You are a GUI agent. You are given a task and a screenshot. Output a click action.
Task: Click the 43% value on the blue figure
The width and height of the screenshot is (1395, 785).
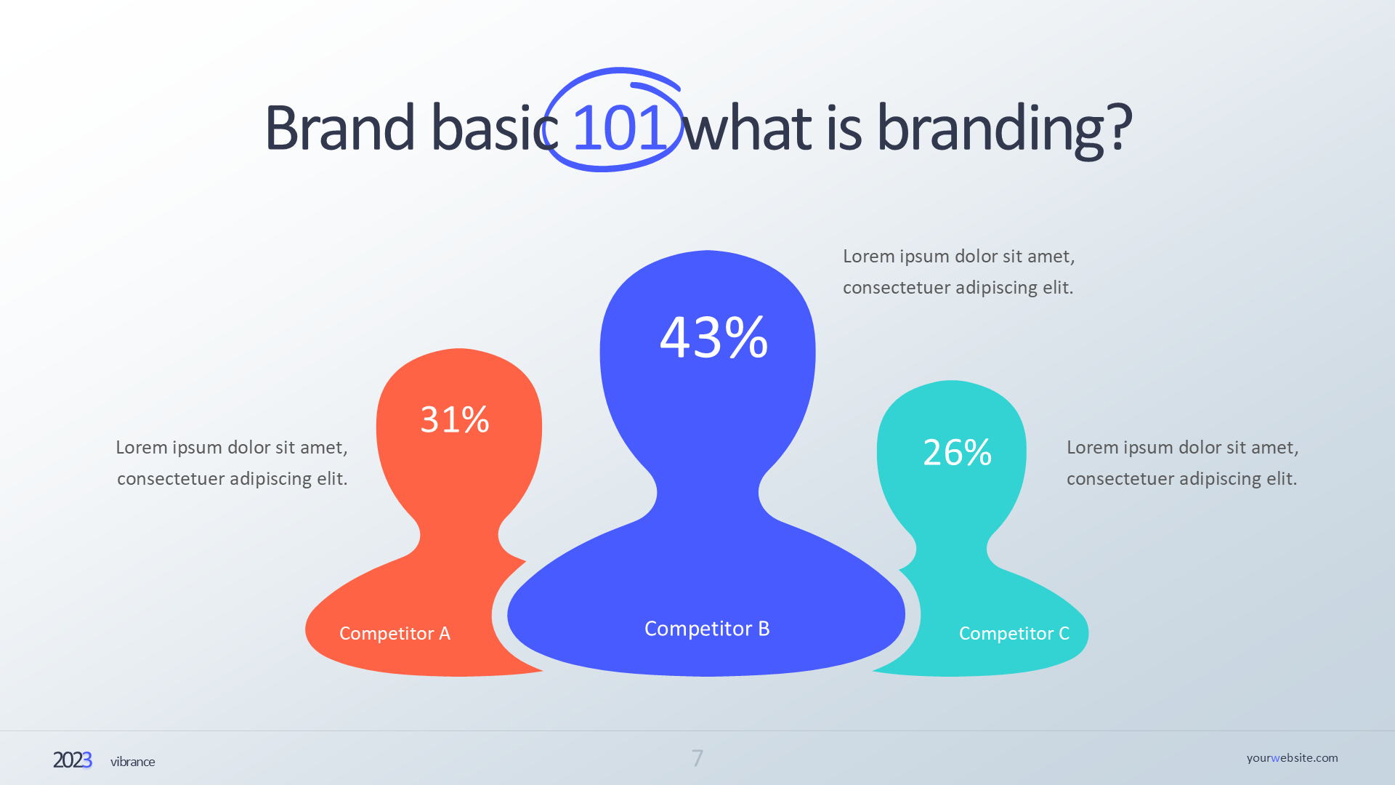(713, 337)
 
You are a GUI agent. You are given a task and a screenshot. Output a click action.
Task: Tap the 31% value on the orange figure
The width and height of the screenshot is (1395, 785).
(455, 419)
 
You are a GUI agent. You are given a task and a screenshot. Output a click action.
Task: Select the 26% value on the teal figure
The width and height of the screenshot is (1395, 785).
(957, 452)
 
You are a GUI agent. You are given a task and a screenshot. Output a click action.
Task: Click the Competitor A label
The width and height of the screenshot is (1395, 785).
(395, 633)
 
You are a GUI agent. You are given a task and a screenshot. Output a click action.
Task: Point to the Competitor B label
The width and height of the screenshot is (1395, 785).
(707, 628)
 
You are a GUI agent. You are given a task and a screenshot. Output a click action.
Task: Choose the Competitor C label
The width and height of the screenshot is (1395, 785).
(1014, 633)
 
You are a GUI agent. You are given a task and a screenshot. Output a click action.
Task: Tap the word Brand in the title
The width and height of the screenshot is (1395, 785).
(340, 128)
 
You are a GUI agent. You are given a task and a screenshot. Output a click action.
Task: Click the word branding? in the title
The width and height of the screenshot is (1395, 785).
(1005, 129)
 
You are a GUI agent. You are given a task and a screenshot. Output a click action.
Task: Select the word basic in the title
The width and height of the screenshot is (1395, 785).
(494, 128)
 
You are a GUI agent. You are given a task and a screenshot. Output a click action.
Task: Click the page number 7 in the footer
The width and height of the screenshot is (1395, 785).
(697, 758)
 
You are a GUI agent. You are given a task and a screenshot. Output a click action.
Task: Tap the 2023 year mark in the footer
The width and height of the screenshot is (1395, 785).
(73, 760)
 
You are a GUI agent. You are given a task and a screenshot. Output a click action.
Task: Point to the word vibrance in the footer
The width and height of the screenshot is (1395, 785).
(133, 762)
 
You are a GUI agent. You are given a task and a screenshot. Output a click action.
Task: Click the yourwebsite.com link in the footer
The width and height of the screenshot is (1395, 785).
(1293, 758)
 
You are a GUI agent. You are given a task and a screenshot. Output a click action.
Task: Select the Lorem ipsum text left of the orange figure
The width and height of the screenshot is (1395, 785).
(232, 463)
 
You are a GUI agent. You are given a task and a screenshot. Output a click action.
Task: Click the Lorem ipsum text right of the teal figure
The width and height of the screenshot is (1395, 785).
(1182, 463)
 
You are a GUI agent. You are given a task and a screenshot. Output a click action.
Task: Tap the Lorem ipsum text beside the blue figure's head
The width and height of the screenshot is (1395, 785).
(958, 272)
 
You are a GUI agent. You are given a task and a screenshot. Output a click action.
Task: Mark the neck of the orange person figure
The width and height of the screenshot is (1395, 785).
(459, 536)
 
